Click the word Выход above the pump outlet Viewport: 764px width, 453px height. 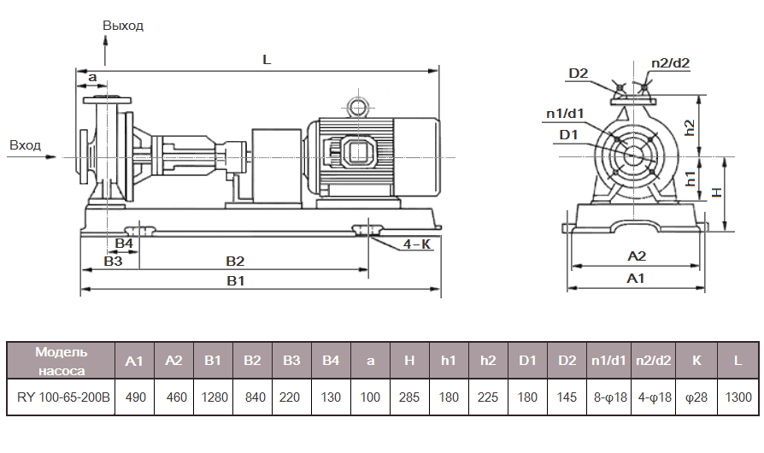coord(123,26)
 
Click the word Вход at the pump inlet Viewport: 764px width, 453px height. coord(26,145)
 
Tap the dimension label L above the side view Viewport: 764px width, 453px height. coord(267,61)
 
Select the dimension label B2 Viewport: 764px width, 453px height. coord(235,261)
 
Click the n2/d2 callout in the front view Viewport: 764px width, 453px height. coord(670,62)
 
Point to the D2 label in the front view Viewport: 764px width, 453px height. coord(579,74)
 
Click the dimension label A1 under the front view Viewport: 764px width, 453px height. coord(636,279)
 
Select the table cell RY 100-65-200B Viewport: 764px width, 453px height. coord(61,397)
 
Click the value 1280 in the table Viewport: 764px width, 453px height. coord(213,397)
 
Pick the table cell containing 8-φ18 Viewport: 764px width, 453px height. coord(607,397)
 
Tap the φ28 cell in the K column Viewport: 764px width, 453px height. coord(696,397)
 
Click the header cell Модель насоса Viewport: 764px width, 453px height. coord(61,361)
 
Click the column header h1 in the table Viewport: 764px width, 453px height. coord(449,361)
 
